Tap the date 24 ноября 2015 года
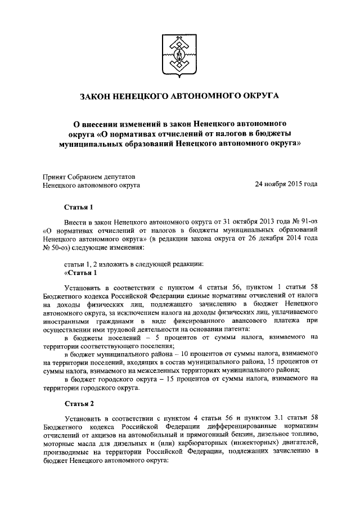[286, 184]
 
